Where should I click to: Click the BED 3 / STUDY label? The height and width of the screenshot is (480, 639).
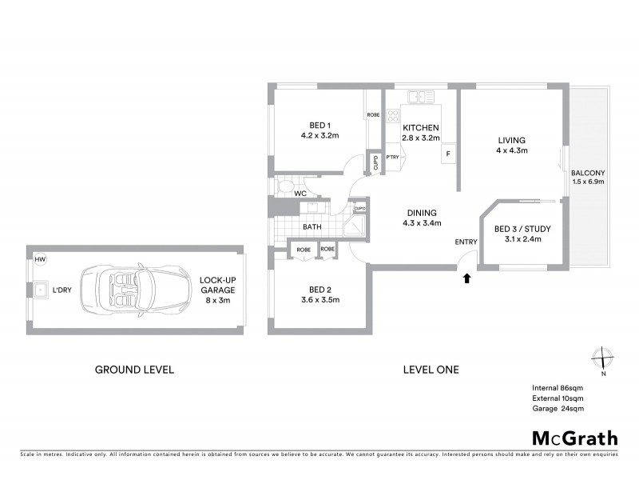523,234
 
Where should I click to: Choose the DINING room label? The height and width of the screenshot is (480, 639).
422,218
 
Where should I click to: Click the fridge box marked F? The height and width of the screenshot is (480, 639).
448,154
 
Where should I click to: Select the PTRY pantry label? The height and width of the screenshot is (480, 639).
392,158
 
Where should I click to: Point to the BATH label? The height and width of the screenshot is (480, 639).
311,227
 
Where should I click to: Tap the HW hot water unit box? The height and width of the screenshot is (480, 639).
40,259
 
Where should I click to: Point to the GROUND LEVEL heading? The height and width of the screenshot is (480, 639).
134,370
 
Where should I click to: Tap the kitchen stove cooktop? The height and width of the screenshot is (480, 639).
393,117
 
